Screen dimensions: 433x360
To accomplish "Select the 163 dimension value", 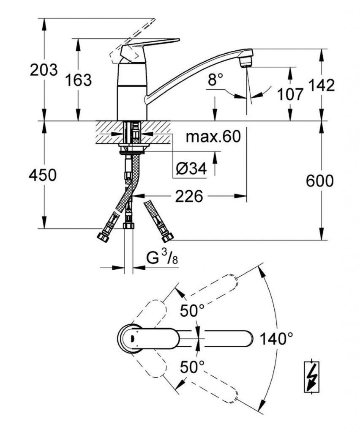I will coord(78,79).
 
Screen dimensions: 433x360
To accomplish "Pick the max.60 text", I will coord(213,137).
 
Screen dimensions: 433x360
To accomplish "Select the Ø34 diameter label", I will coord(190,169).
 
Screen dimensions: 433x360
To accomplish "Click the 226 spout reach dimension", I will coord(189,196).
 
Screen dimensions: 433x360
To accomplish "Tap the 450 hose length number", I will coord(42,175).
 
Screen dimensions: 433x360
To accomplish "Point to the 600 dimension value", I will coord(320,181).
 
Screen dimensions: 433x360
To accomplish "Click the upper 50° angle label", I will coord(192,311).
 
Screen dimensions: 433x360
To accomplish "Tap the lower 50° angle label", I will coord(192,366).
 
